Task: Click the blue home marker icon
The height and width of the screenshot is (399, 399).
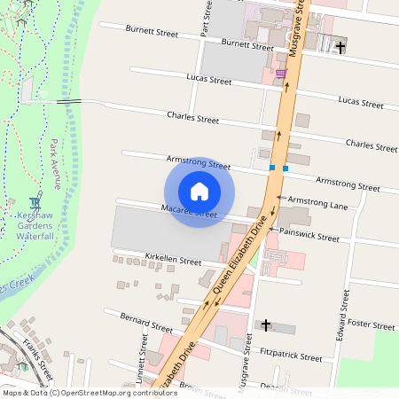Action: click(199, 191)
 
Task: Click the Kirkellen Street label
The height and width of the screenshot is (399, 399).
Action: click(173, 261)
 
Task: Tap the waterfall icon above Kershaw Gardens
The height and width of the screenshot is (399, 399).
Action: click(35, 203)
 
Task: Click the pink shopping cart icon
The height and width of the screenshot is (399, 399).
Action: click(281, 74)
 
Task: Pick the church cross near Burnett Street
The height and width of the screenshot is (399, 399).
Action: click(340, 46)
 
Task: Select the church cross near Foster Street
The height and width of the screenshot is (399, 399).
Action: click(265, 325)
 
